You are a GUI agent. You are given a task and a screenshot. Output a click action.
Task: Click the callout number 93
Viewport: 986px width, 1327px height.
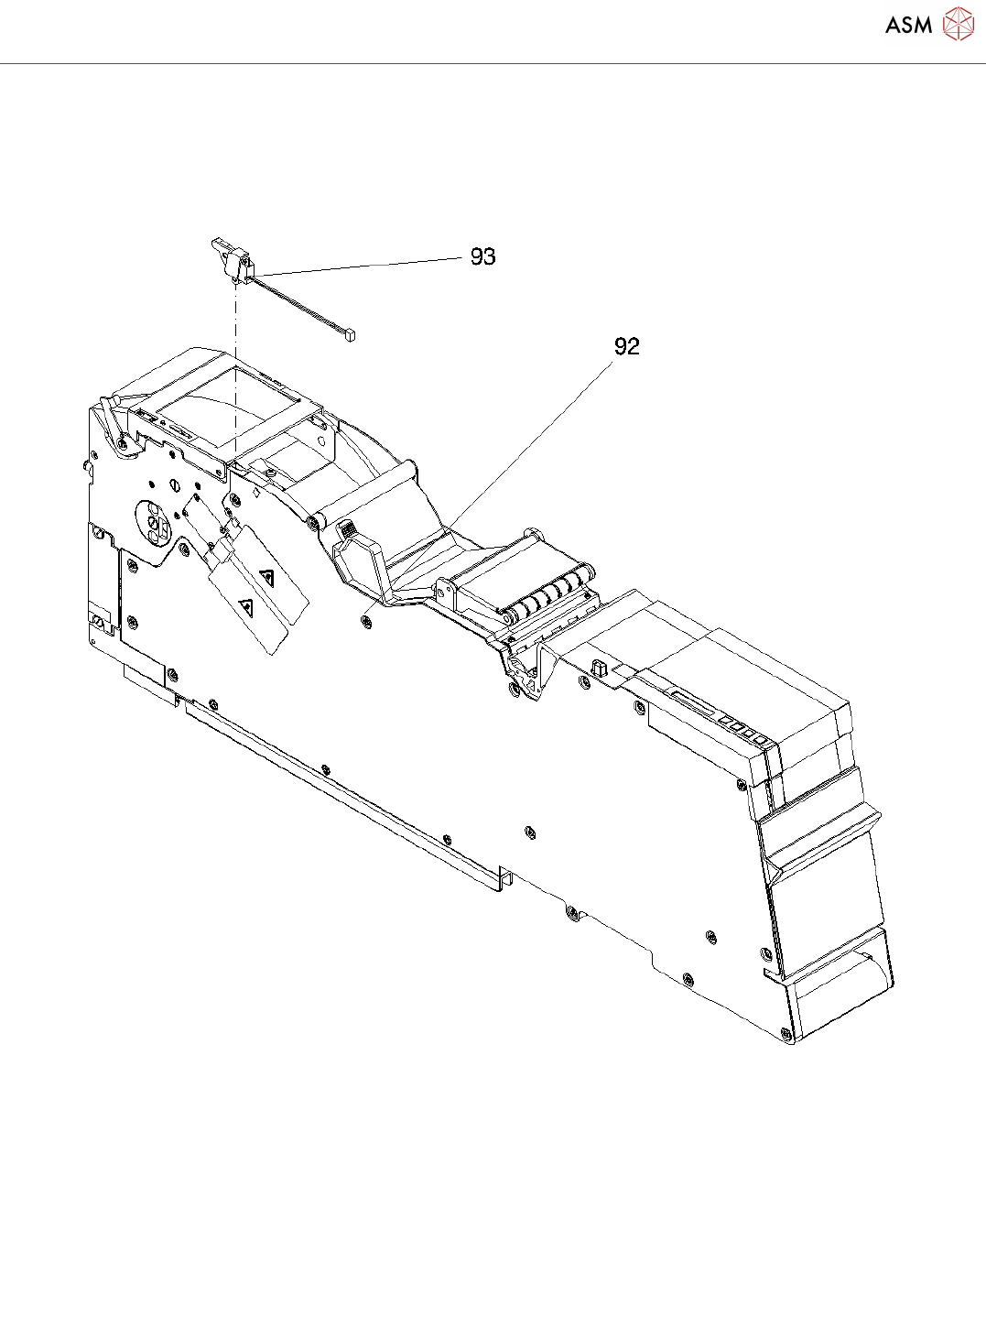[x=482, y=256]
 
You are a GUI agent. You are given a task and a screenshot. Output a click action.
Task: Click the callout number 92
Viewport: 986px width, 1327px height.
[x=626, y=346]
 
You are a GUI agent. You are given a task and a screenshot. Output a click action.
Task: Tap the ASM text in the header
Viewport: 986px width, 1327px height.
[x=908, y=25]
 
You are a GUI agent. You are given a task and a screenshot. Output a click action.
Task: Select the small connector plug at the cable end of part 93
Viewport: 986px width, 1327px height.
[x=349, y=336]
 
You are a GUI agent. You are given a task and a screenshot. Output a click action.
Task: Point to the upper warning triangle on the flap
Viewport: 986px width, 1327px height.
[x=267, y=577]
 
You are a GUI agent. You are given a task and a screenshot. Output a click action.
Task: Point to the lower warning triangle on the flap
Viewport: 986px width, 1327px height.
[x=245, y=604]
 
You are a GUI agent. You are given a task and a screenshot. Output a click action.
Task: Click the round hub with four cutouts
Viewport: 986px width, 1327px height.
[x=154, y=521]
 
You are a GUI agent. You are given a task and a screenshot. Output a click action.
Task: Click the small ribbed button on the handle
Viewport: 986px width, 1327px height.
[x=347, y=528]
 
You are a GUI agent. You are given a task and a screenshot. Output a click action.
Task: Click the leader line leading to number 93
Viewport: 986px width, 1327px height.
[x=357, y=266]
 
